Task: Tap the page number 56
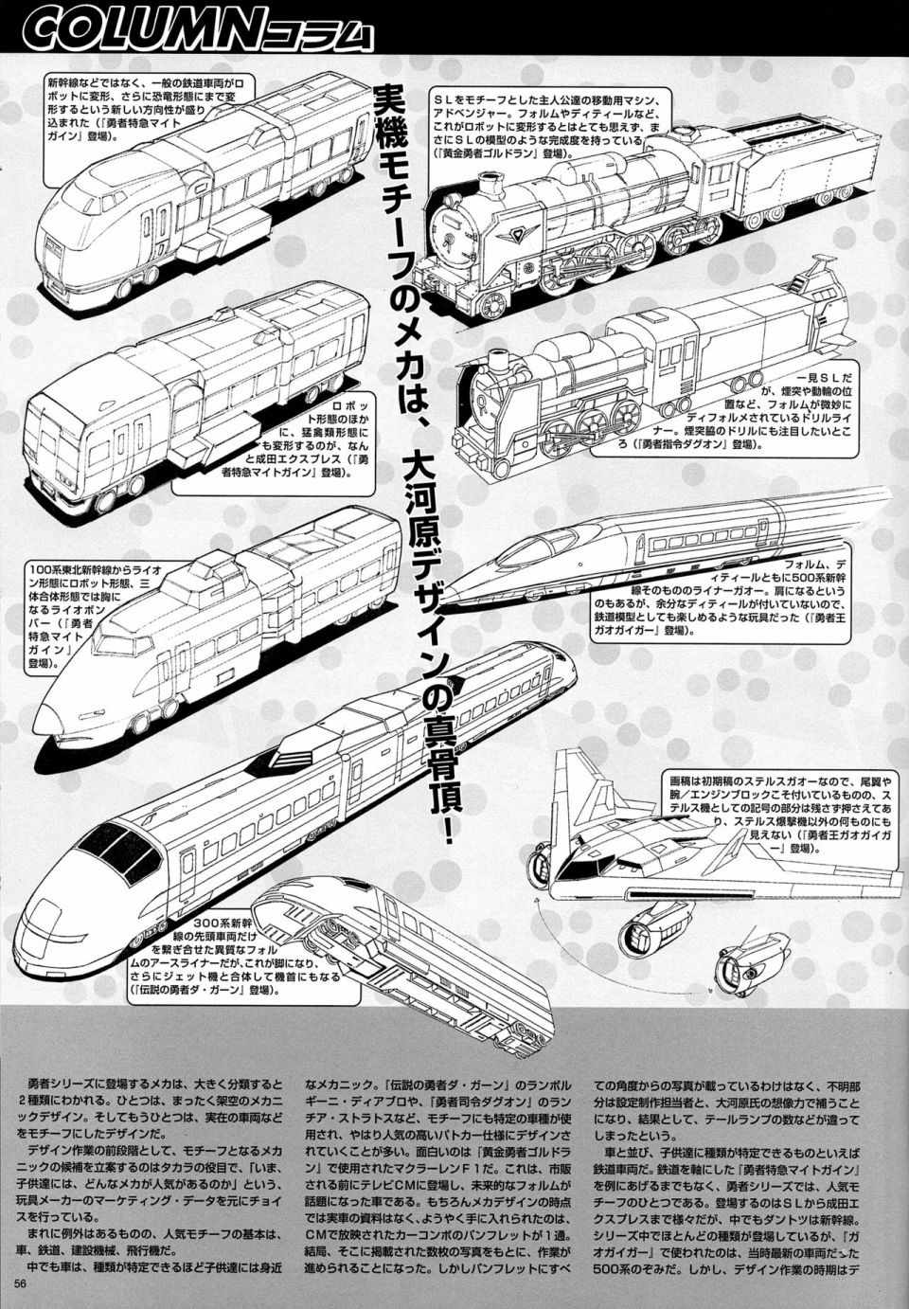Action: [24, 1283]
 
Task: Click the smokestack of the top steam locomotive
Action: [489, 189]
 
